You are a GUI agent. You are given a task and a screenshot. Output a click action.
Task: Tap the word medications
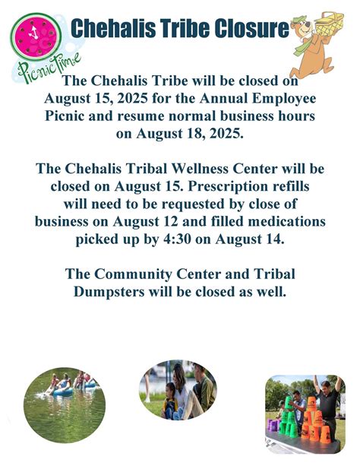coord(283,220)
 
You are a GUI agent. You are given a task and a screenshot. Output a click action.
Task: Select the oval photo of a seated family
coord(178,390)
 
